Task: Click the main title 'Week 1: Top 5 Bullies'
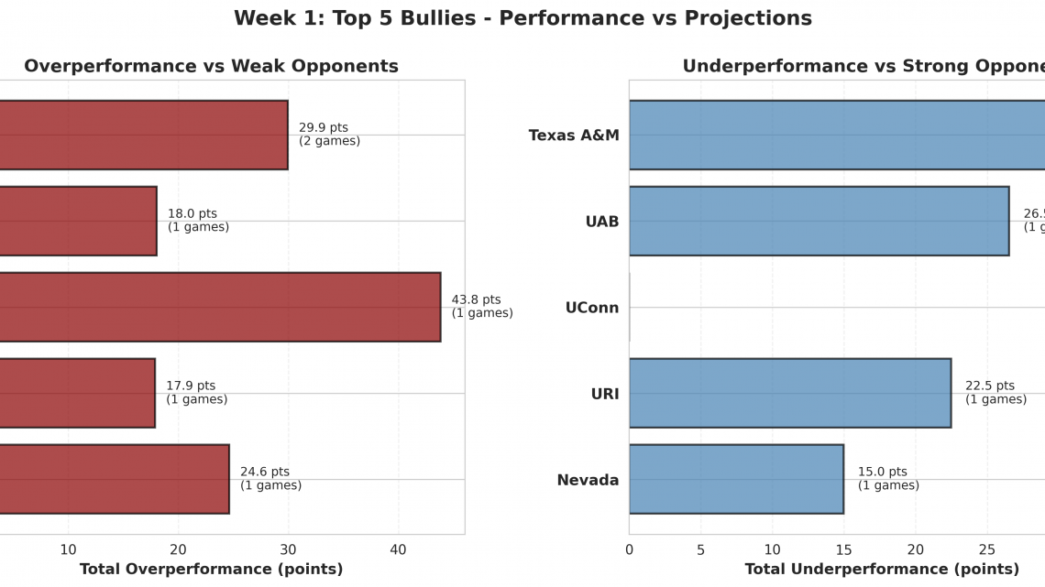coord(522,18)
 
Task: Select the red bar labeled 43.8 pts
coord(220,307)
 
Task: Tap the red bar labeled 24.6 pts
coord(115,479)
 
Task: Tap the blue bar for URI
coord(789,393)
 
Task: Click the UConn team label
coord(591,308)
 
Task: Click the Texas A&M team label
coord(574,136)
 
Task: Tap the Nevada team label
coord(588,480)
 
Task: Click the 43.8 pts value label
coord(481,306)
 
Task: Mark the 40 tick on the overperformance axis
coord(398,549)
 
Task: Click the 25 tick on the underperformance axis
coord(986,549)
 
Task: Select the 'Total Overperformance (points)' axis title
coord(211,570)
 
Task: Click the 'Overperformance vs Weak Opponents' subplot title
coord(211,66)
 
